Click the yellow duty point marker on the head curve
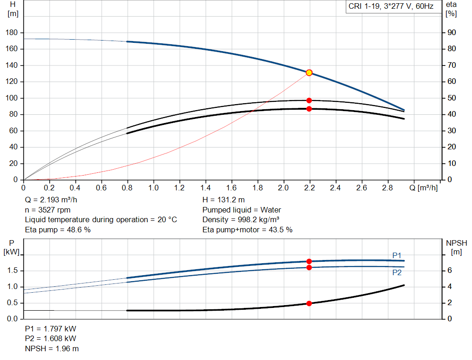coord(309,72)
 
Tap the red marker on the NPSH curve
coord(309,303)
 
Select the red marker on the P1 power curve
coord(309,261)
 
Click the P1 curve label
coord(397,255)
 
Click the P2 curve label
coord(397,272)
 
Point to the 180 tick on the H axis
coord(13,33)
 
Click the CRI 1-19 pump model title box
coord(391,7)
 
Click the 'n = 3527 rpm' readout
coord(47,210)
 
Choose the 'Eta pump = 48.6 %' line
coord(58,230)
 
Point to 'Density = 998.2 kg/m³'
coord(241,219)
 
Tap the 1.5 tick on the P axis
coord(13,271)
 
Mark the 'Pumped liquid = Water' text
coord(242,210)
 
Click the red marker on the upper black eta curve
coord(309,100)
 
